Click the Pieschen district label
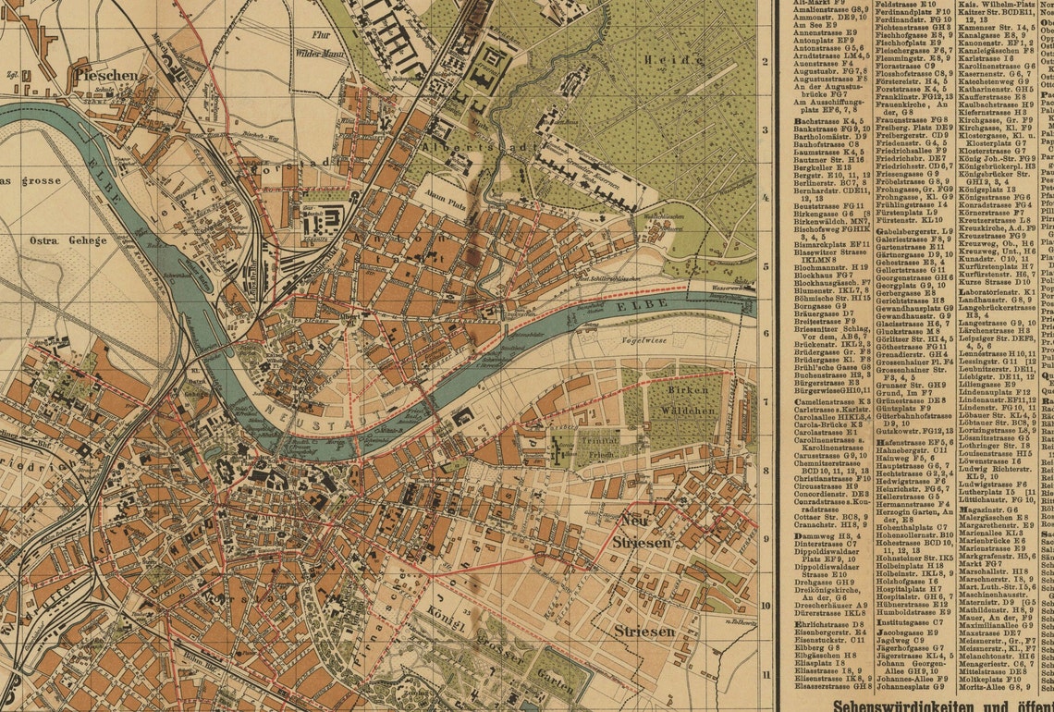click(107, 75)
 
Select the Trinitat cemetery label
click(573, 442)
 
